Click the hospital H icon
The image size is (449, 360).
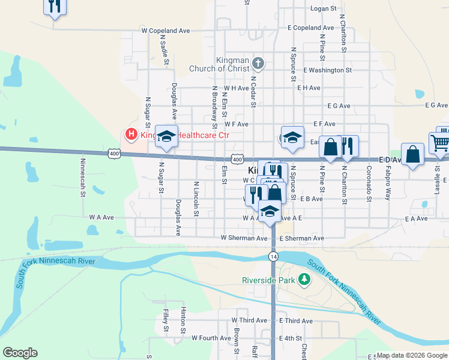[x=130, y=135]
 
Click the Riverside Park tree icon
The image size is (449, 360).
[x=305, y=279]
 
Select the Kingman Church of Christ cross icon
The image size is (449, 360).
[x=258, y=63]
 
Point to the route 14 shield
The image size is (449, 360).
[x=273, y=256]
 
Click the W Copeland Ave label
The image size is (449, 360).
[x=165, y=30]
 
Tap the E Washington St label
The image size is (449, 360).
[x=327, y=70]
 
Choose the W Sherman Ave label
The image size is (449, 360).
[x=243, y=238]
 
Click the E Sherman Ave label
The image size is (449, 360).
[x=301, y=238]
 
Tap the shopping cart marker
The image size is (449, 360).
[x=440, y=143]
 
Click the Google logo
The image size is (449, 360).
[x=20, y=353]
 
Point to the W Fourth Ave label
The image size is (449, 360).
[x=211, y=338]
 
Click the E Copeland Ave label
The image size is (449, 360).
[x=310, y=28]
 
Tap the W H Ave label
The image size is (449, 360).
[x=237, y=88]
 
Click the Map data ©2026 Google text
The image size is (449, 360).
[x=411, y=355]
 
